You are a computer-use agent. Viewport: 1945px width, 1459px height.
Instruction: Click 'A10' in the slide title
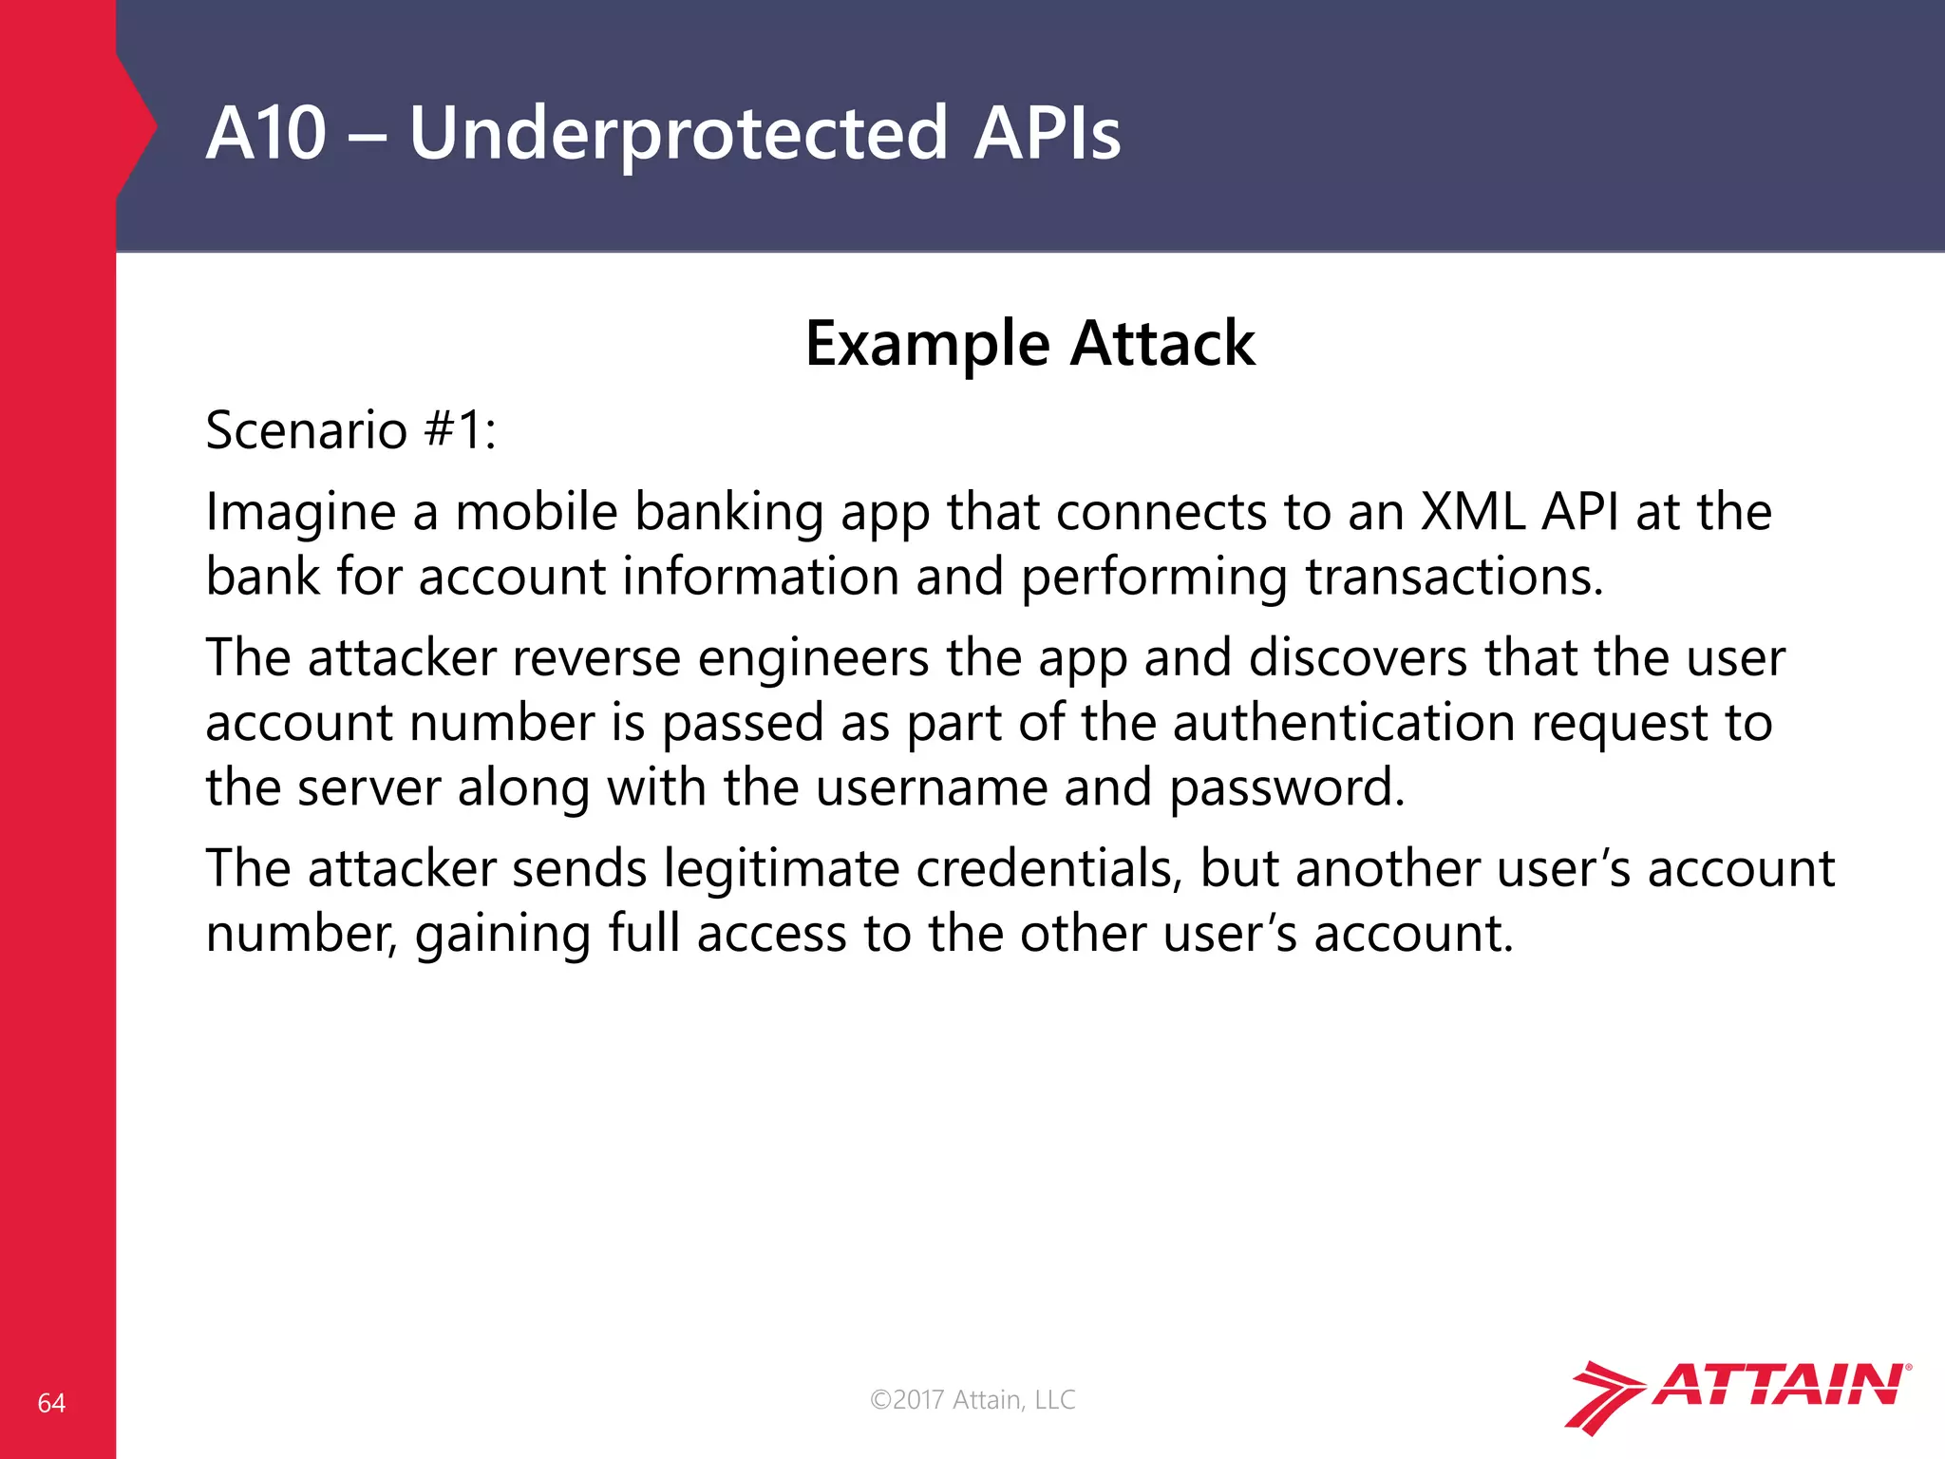click(266, 133)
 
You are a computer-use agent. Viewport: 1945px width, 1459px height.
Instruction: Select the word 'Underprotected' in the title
click(678, 133)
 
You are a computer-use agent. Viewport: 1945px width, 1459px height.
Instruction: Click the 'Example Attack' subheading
click(1029, 343)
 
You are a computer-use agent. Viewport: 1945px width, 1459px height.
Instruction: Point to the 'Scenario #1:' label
click(350, 430)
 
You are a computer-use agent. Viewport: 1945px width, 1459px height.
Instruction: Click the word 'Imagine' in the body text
click(300, 513)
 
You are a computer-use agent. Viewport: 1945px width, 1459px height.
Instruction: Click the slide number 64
click(51, 1403)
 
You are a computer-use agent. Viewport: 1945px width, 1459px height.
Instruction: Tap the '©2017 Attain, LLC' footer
click(972, 1399)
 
